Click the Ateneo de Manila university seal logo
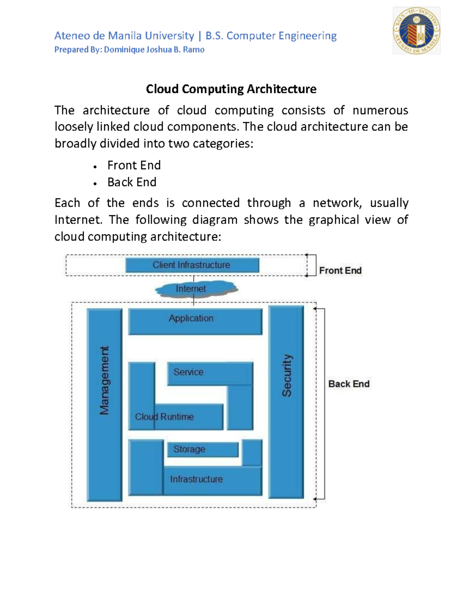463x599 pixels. (416, 30)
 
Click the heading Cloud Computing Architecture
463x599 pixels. (231, 89)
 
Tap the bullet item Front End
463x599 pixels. (134, 165)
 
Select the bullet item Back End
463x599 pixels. (132, 182)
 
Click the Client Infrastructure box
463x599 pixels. (192, 265)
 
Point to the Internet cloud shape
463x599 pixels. (196, 289)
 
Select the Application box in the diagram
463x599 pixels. (195, 321)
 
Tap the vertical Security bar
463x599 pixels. (286, 401)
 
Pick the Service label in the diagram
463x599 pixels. (188, 372)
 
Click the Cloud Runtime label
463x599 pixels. (164, 417)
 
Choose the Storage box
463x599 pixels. (203, 449)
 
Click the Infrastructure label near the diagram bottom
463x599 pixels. (196, 479)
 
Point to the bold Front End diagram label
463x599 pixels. (340, 271)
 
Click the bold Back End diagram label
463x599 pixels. (349, 384)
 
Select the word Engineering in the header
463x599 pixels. (308, 36)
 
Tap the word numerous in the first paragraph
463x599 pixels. (380, 110)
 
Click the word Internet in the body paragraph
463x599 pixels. (78, 220)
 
